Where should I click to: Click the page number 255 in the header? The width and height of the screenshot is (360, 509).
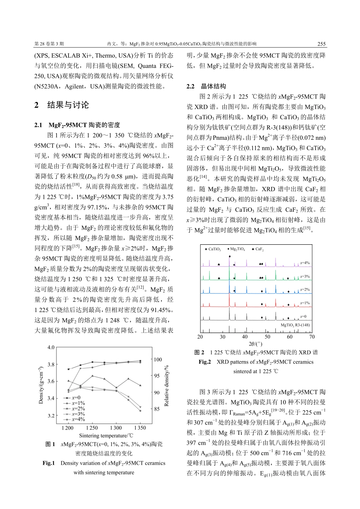[x=321, y=44]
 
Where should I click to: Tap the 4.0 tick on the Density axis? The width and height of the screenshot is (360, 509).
[x=51, y=347]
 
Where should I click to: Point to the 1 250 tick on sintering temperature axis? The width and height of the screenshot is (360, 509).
[x=92, y=428]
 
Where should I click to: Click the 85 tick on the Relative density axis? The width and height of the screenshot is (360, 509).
[x=157, y=409]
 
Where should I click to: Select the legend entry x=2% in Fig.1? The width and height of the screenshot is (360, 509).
[x=78, y=409]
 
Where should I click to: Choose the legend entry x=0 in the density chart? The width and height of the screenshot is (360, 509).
[x=76, y=398]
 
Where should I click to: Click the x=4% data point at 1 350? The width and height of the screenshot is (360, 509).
[x=140, y=411]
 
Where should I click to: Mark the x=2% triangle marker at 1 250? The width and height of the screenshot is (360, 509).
[x=92, y=376]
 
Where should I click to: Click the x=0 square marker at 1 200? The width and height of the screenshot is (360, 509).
[x=69, y=369]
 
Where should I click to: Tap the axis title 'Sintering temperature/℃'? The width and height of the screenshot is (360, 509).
[x=106, y=436]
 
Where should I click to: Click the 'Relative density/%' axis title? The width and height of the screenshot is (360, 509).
[x=166, y=386]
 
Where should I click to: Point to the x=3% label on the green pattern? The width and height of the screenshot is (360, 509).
[x=305, y=276]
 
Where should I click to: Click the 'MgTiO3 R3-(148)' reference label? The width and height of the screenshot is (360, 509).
[x=295, y=325]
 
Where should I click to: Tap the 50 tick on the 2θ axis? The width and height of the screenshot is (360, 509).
[x=268, y=337]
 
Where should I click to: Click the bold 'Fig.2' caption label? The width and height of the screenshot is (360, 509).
[x=205, y=362]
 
